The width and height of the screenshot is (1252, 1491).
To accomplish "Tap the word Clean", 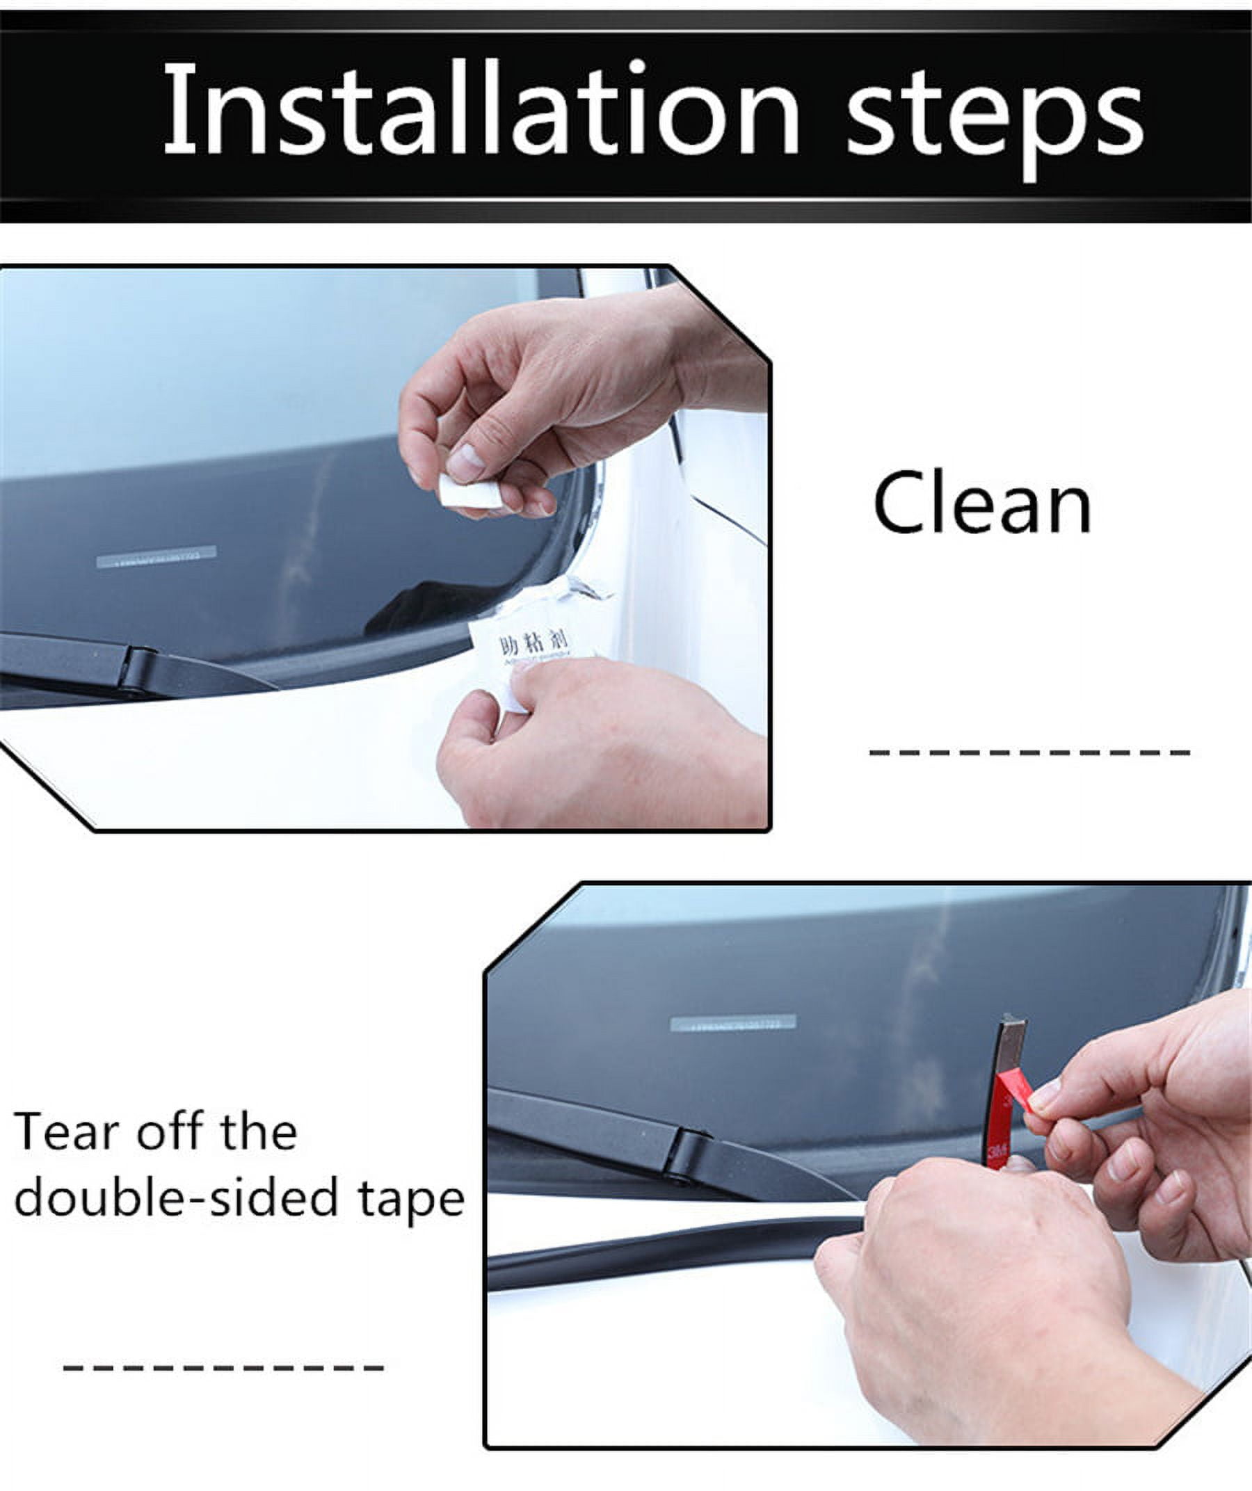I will (982, 504).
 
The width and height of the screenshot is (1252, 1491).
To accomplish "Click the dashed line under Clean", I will (1029, 752).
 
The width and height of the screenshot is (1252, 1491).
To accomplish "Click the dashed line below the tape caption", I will (224, 1367).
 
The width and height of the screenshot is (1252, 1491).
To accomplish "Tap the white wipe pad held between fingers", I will (468, 491).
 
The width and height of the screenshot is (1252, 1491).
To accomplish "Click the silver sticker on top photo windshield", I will (156, 556).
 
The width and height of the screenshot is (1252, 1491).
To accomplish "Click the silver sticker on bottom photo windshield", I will (733, 1023).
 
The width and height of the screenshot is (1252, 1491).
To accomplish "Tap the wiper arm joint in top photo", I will (138, 668).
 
